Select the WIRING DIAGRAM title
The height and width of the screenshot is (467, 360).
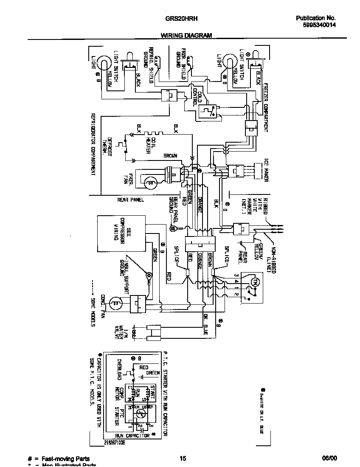(186, 36)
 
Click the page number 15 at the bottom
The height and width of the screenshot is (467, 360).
(183, 459)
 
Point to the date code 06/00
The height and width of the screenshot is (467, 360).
(329, 459)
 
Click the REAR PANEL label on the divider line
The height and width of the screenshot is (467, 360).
(130, 199)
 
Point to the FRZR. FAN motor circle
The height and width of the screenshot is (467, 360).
(149, 183)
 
